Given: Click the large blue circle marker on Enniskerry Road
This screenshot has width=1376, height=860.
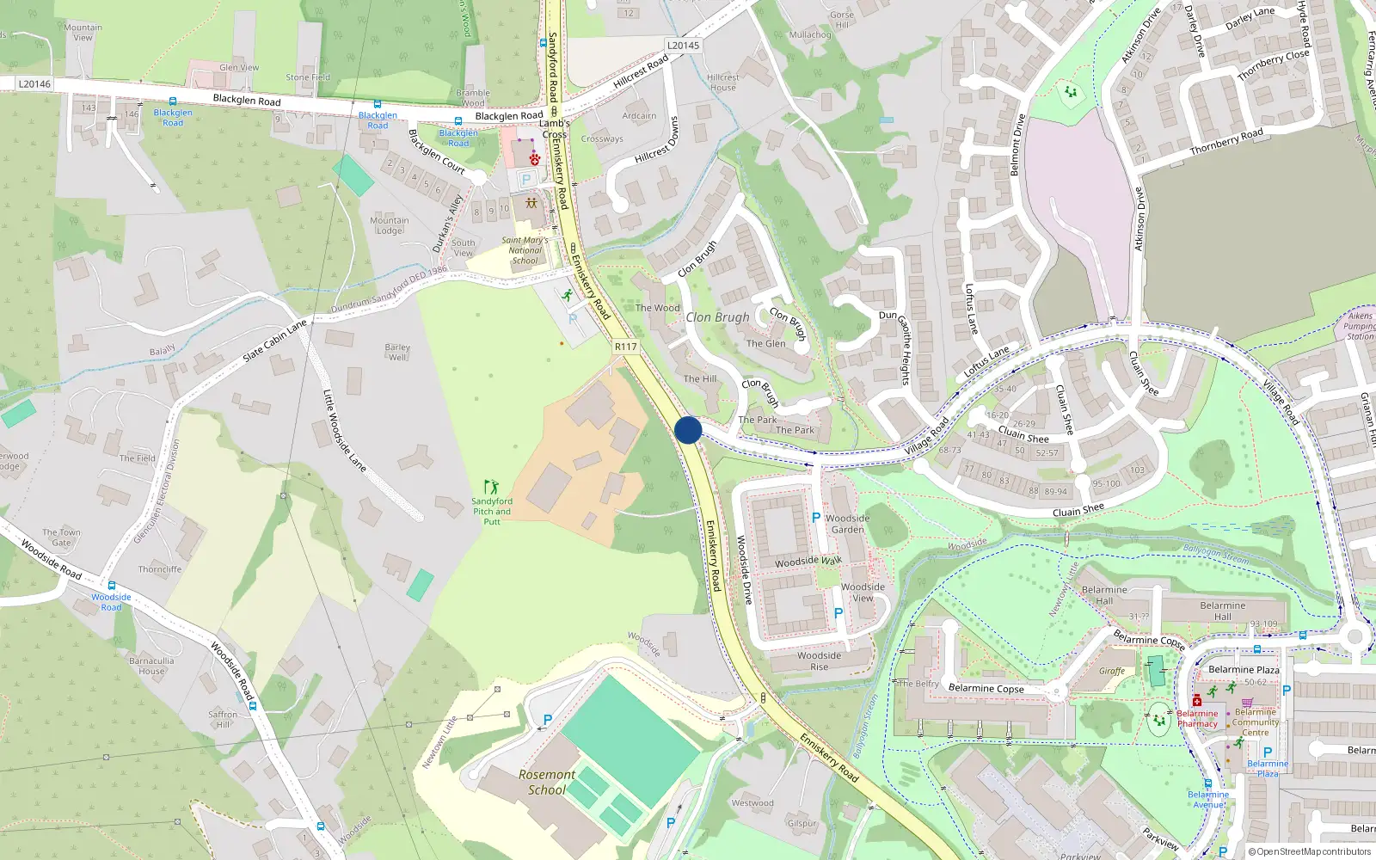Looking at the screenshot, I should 688,430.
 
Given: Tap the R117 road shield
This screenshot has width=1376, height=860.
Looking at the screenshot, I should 626,347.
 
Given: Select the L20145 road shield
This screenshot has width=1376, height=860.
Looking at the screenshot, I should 684,46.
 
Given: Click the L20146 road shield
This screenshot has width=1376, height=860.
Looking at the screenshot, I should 34,84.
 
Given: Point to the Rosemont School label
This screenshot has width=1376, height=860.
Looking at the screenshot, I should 547,782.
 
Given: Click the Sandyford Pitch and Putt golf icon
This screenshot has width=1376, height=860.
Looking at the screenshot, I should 491,487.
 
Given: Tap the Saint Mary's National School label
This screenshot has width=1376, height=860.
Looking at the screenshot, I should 525,250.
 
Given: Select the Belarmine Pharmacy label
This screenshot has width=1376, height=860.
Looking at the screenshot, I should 1197,718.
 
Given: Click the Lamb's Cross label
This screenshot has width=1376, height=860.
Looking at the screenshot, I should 555,129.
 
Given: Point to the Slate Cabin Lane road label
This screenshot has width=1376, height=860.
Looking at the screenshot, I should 274,341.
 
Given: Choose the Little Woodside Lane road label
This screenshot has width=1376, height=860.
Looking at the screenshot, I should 344,431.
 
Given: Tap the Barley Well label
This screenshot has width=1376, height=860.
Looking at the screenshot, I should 397,352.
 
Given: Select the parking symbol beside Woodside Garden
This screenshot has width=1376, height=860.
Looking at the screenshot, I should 816,518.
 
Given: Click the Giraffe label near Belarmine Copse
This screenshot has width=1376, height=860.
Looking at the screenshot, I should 1111,671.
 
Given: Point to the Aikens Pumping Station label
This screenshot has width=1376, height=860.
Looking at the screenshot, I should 1360,326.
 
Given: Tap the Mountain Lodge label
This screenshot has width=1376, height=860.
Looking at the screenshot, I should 390,225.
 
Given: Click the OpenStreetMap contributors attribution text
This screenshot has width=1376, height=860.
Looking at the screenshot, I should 1309,851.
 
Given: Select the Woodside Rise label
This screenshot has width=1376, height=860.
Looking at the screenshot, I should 819,660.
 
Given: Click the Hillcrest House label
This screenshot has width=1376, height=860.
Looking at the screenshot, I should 722,83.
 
